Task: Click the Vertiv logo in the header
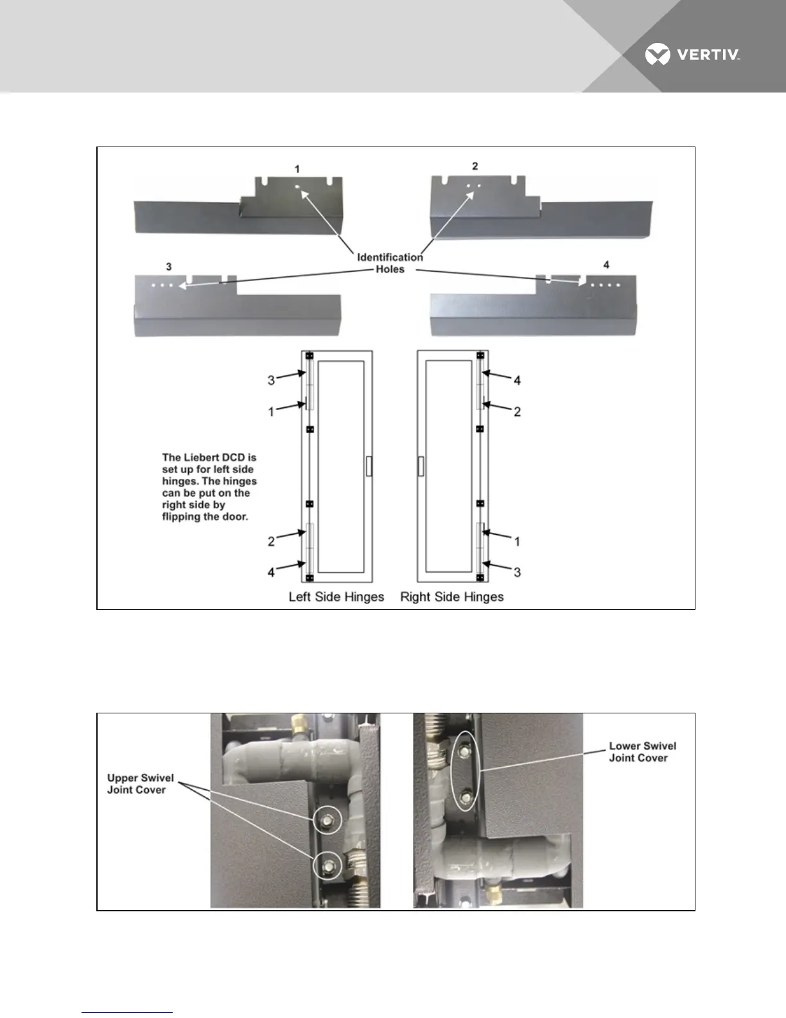pyautogui.click(x=692, y=55)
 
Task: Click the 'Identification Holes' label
pyautogui.click(x=390, y=263)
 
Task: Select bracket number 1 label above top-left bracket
pyautogui.click(x=297, y=169)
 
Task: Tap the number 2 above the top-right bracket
pyautogui.click(x=475, y=166)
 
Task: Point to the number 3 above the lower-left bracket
pyautogui.click(x=168, y=266)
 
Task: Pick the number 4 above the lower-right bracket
pyautogui.click(x=606, y=265)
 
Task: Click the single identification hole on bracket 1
pyautogui.click(x=298, y=187)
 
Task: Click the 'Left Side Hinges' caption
pyautogui.click(x=336, y=597)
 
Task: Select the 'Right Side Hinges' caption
pyautogui.click(x=451, y=597)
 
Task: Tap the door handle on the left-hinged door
pyautogui.click(x=369, y=466)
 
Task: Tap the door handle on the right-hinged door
pyautogui.click(x=421, y=466)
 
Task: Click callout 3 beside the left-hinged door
pyautogui.click(x=271, y=380)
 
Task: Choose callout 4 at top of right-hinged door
pyautogui.click(x=517, y=380)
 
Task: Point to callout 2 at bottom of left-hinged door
pyautogui.click(x=271, y=542)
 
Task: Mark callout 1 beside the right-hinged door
pyautogui.click(x=517, y=542)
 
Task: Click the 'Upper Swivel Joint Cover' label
pyautogui.click(x=140, y=784)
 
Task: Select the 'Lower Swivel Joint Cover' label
pyautogui.click(x=642, y=752)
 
